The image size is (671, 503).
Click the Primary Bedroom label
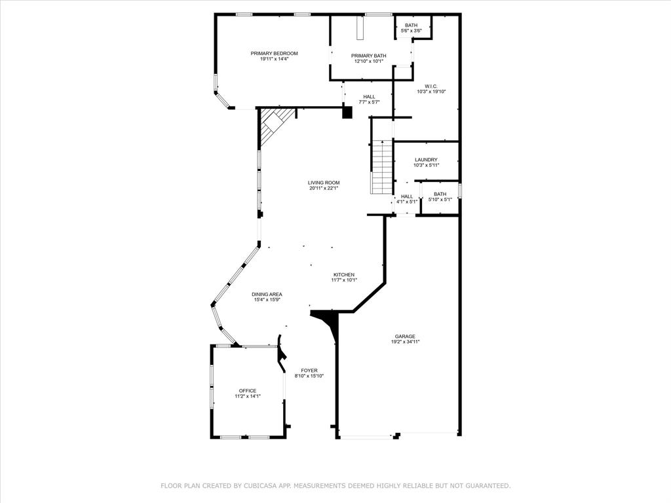[274, 53]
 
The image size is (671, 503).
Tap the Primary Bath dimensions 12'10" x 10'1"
[368, 62]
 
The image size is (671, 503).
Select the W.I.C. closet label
[431, 86]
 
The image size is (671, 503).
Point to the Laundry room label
[426, 160]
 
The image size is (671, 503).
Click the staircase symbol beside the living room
[381, 168]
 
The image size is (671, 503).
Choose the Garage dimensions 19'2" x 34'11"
[405, 341]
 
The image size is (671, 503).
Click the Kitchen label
[344, 274]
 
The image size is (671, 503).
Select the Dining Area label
[267, 294]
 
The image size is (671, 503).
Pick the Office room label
[248, 390]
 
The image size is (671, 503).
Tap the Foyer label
[309, 370]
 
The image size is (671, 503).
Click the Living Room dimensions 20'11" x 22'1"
[324, 189]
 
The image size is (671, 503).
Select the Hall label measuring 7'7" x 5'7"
[369, 96]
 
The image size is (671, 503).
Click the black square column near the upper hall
[347, 113]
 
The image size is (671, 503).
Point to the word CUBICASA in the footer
[248, 486]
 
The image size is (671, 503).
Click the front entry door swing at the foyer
[282, 354]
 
